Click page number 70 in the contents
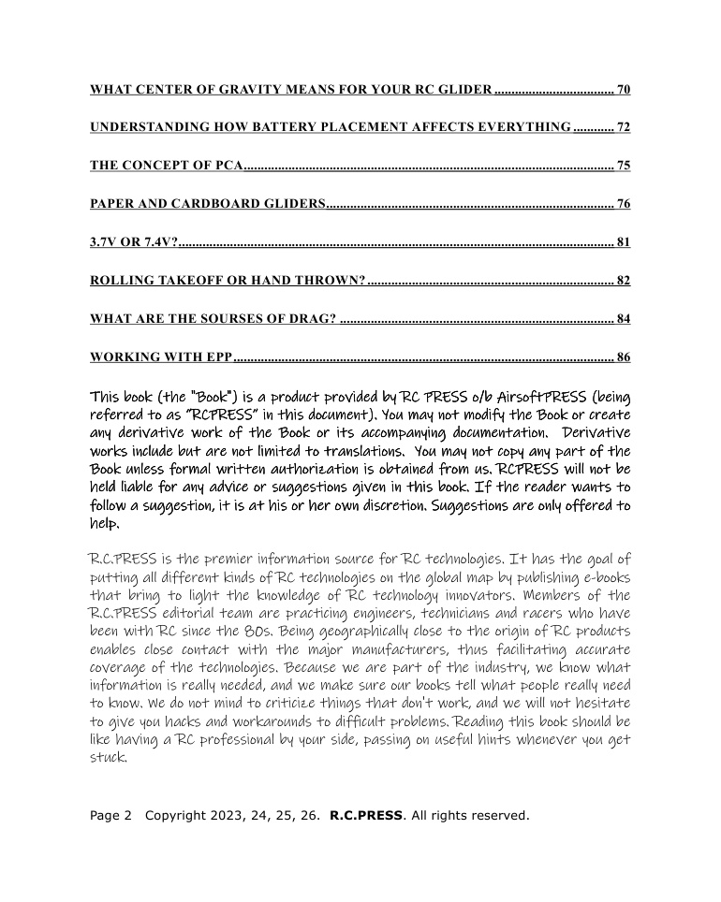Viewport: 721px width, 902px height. coord(624,90)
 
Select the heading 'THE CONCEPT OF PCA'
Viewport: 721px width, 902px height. coord(166,166)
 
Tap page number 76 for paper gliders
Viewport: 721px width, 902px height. coord(624,204)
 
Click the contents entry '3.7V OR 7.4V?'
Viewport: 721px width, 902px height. coord(133,242)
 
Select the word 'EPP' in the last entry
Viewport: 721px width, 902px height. coord(217,357)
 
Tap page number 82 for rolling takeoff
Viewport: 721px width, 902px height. coord(624,281)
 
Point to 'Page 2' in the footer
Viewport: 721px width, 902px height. coord(110,815)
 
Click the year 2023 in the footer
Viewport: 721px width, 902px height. coord(226,815)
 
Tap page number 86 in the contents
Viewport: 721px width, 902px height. coord(624,357)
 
